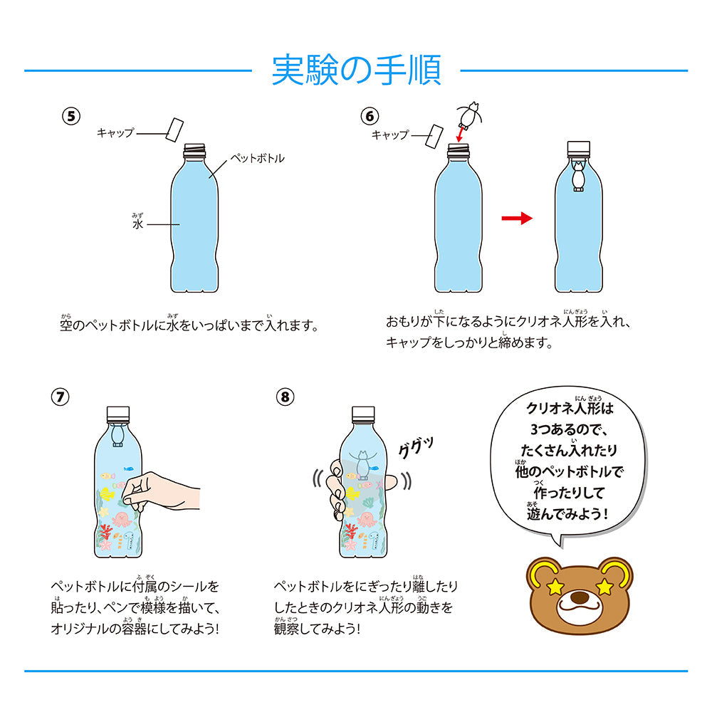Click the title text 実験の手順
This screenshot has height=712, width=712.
(356, 70)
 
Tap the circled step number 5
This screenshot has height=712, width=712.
(71, 117)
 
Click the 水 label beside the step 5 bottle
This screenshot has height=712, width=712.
(138, 224)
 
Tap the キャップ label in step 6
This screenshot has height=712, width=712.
(390, 135)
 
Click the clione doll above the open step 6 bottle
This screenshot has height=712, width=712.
(468, 112)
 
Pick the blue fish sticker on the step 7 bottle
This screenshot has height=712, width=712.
(129, 469)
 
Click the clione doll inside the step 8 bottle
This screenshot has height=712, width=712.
(363, 464)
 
